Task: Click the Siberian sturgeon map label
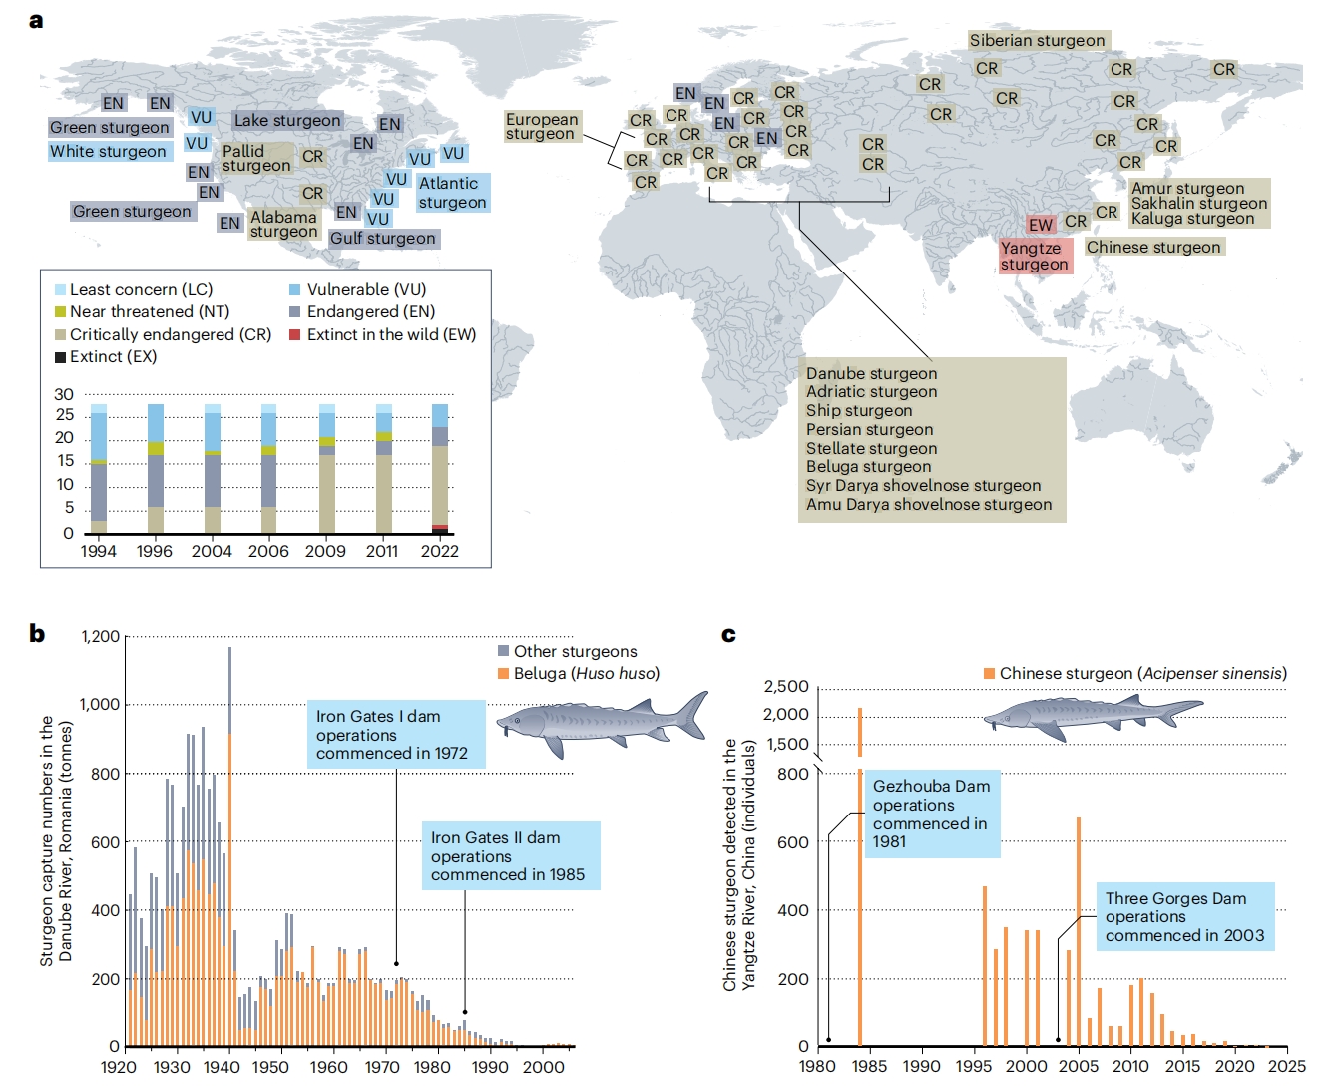[x=1037, y=41]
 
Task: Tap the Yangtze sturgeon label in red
[x=1035, y=257]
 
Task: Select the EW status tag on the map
[x=1041, y=225]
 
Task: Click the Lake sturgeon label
[x=287, y=121]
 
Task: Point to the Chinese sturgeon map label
[x=1152, y=248]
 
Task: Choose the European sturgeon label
[x=541, y=127]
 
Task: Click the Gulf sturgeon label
[x=383, y=239]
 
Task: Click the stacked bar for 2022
[x=439, y=469]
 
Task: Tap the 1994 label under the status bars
[x=98, y=551]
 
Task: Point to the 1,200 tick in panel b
[x=100, y=637]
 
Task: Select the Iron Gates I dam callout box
[x=395, y=735]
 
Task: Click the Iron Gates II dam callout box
[x=508, y=856]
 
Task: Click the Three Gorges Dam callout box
[x=1184, y=917]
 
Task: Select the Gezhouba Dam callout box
[x=931, y=814]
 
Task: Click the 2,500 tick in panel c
[x=786, y=687]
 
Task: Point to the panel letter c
[x=728, y=634]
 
